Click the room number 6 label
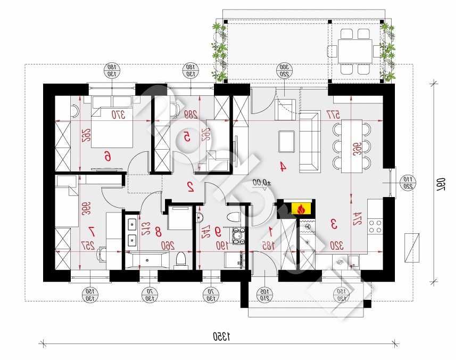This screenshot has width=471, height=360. click(108, 156)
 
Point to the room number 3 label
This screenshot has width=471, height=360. click(334, 224)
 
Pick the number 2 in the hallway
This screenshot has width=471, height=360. click(190, 186)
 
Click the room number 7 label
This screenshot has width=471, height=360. click(92, 231)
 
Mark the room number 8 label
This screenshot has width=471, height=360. click(158, 232)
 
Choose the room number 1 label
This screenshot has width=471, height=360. click(271, 231)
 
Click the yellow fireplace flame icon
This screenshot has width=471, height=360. click(302, 209)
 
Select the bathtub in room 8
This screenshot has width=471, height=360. click(148, 260)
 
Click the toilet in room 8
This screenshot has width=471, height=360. click(181, 259)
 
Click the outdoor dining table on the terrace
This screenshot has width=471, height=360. click(356, 52)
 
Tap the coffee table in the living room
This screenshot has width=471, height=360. click(287, 142)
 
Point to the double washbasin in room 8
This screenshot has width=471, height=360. click(131, 232)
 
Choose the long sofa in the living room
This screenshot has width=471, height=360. click(309, 142)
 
